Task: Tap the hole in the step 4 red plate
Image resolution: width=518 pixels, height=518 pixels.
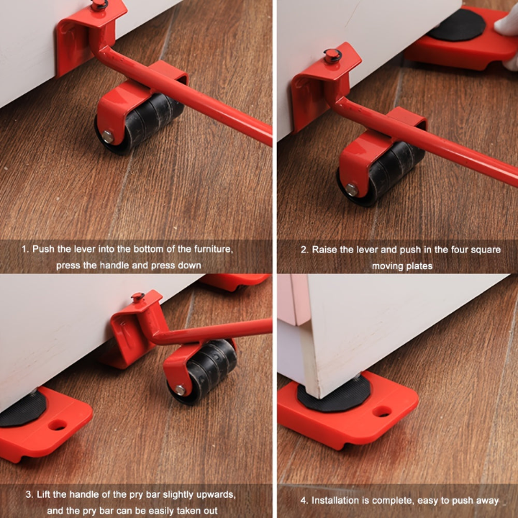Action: pyautogui.click(x=382, y=412)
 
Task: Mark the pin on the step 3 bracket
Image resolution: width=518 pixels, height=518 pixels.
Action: pyautogui.click(x=137, y=297)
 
